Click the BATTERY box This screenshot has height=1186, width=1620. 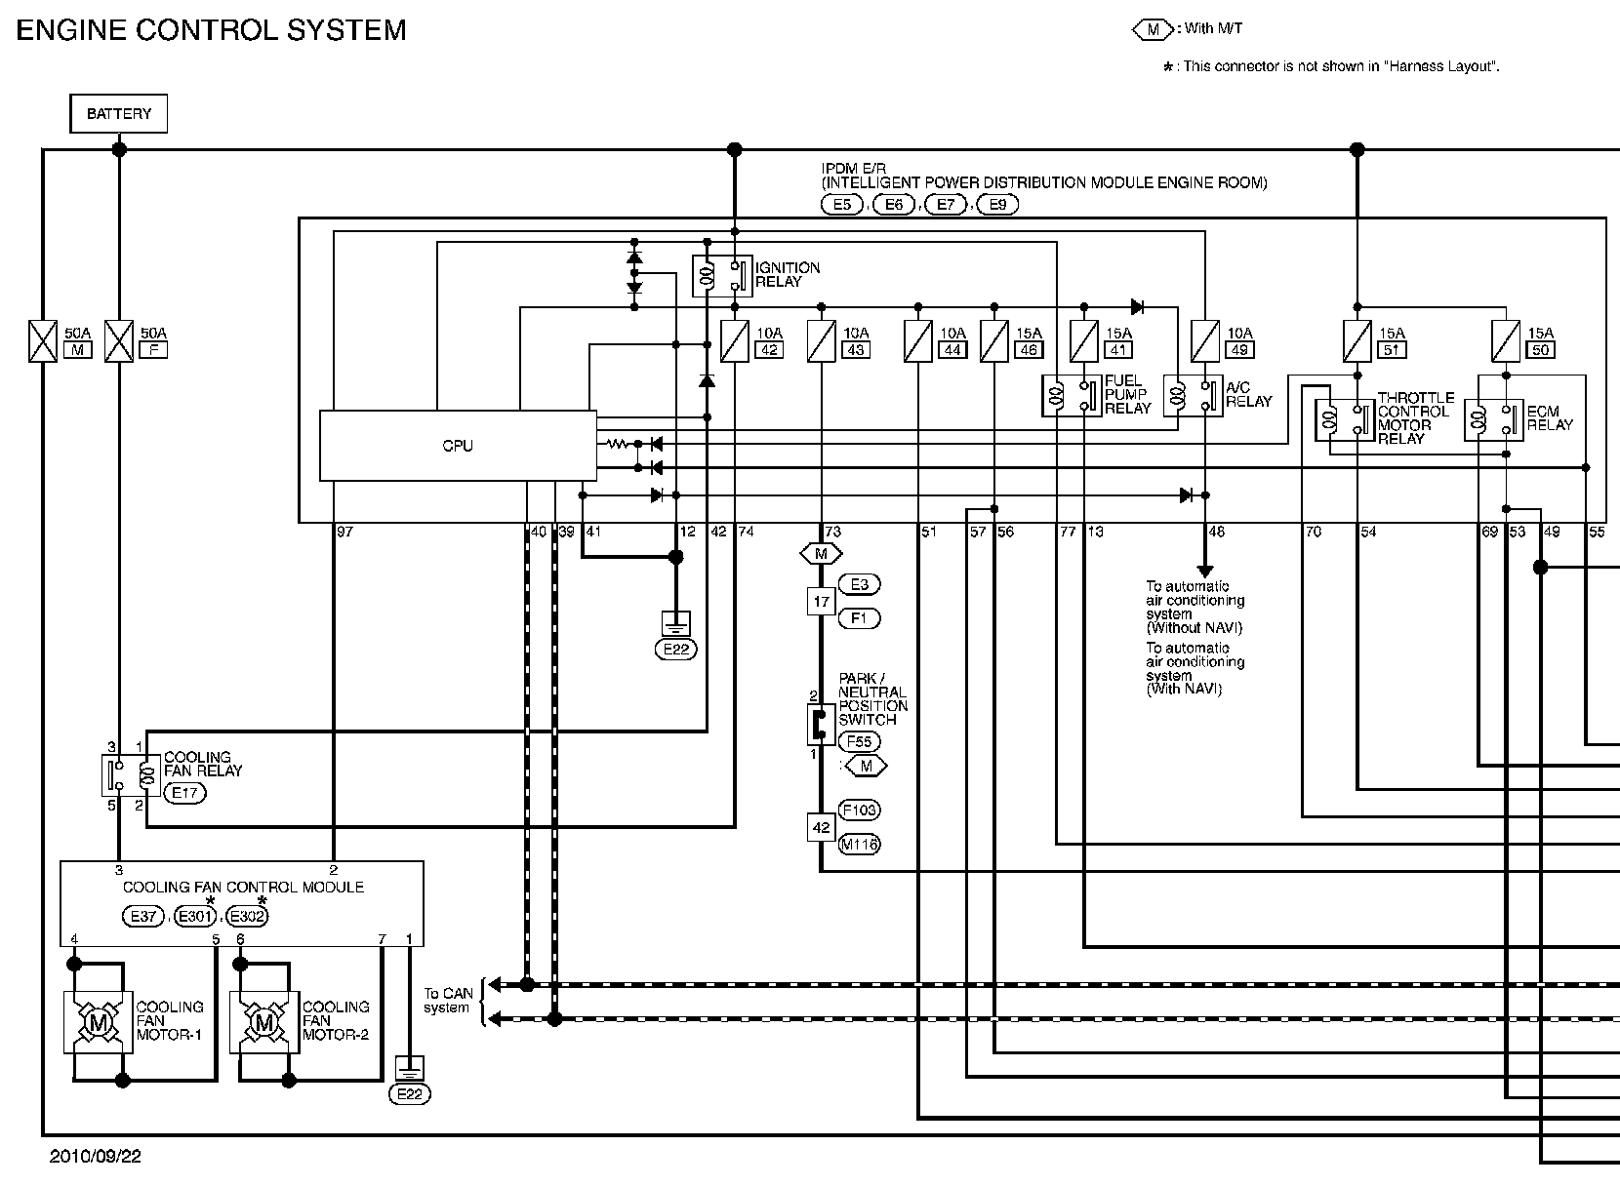click(x=119, y=114)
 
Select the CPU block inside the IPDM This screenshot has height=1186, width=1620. click(x=458, y=446)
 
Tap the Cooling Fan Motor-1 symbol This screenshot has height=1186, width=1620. click(x=98, y=1022)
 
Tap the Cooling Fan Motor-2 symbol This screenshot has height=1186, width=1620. click(x=263, y=1022)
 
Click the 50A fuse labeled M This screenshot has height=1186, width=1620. click(x=43, y=341)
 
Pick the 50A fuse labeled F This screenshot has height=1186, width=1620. click(x=118, y=341)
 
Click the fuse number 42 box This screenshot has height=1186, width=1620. click(x=770, y=350)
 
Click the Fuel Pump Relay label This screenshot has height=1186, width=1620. click(x=1128, y=394)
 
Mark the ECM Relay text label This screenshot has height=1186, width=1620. click(x=1550, y=417)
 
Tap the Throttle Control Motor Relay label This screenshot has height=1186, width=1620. click(x=1415, y=418)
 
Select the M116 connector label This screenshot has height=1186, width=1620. click(x=859, y=845)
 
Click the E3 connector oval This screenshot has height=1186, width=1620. click(x=859, y=584)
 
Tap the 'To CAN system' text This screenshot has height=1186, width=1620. click(x=448, y=1001)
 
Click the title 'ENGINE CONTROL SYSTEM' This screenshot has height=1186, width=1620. click(x=212, y=30)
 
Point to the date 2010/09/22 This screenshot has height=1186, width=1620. click(x=97, y=1157)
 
